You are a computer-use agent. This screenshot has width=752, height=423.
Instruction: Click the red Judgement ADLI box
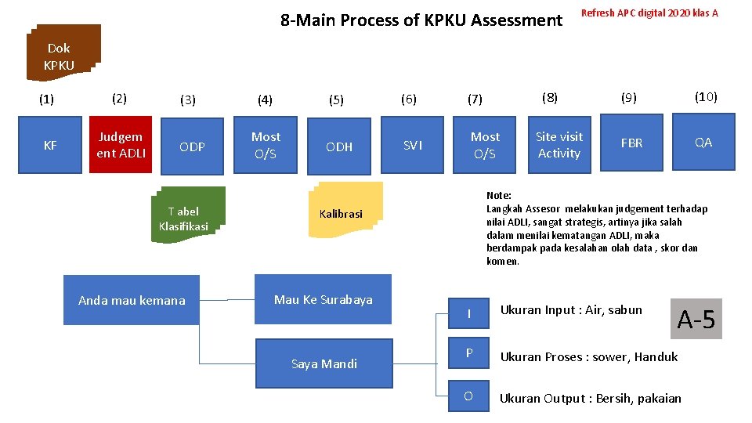pos(121,144)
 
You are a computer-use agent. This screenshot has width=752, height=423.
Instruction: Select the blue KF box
pos(50,145)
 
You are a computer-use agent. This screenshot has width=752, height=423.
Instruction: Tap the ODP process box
pos(193,146)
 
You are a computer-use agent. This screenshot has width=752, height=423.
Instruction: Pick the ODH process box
pos(338,146)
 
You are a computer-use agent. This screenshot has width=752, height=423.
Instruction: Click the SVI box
pos(413,145)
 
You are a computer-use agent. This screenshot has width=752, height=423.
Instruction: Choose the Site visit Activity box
pos(559,145)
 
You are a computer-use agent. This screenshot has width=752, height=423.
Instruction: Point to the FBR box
pos(631,143)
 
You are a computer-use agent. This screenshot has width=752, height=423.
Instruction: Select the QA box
pos(703,143)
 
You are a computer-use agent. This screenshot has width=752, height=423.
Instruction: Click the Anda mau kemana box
pos(132,300)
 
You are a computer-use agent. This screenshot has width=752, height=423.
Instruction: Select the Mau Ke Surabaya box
pos(324,299)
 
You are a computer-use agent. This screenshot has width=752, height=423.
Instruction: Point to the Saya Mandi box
pos(324,363)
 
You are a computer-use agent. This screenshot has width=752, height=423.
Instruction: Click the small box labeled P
pos(468,353)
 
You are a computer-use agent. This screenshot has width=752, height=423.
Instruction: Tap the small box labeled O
pos(468,396)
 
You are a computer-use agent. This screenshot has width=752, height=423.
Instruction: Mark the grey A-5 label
pos(696,319)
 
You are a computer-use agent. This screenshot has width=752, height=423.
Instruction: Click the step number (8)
pos(550,97)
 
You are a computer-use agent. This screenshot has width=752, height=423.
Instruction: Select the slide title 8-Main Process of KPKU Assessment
pos(421,20)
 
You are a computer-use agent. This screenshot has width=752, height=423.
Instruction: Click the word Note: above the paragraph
pos(499,195)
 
